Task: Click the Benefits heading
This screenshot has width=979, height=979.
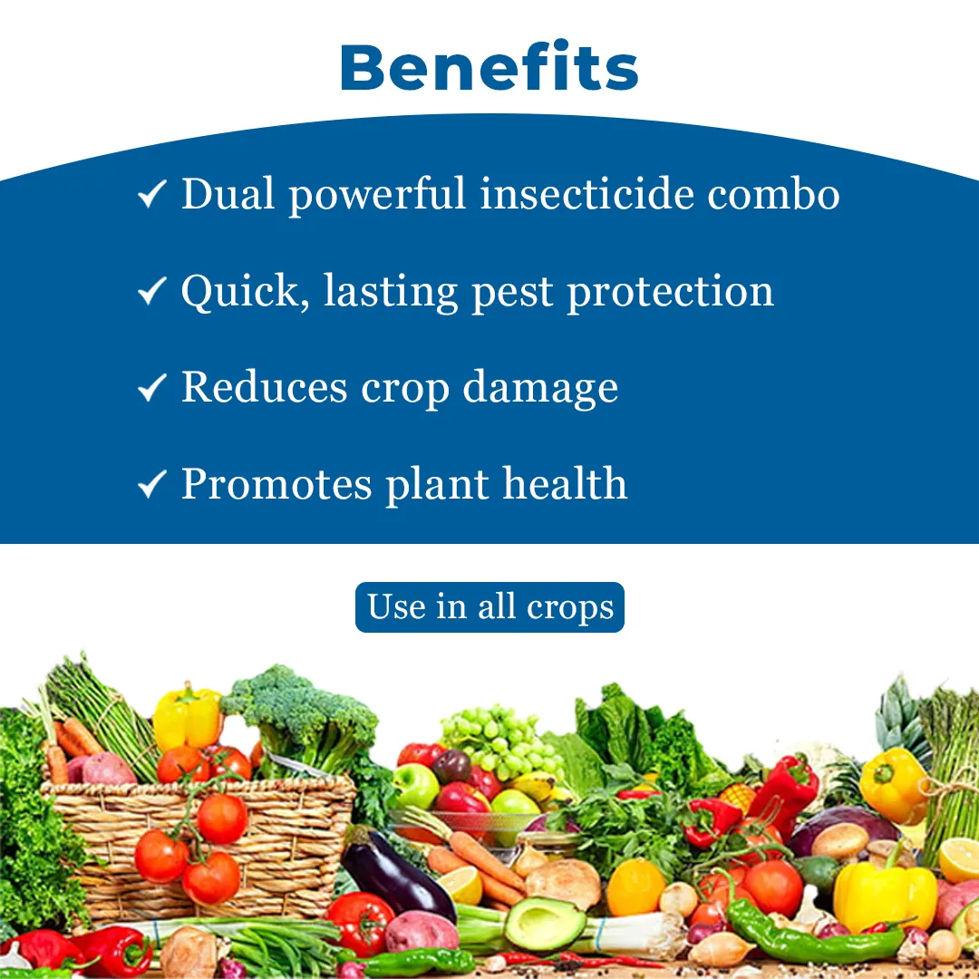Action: click(x=489, y=66)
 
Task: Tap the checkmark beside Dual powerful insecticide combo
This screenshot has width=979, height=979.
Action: click(x=151, y=194)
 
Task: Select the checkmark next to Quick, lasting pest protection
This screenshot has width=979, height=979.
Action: click(x=151, y=291)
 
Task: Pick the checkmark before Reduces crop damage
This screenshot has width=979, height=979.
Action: click(x=151, y=387)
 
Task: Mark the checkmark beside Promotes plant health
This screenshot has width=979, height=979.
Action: click(x=151, y=484)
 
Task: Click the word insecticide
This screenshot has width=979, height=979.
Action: click(x=586, y=194)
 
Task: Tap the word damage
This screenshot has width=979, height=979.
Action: click(x=540, y=389)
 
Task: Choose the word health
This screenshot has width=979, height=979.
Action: click(x=565, y=483)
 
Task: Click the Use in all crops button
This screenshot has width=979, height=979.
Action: click(x=489, y=606)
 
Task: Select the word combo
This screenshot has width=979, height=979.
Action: click(x=773, y=194)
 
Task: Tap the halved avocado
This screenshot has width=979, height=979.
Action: click(x=545, y=923)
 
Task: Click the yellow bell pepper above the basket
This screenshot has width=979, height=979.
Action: click(x=188, y=718)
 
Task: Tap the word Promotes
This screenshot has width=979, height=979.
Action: click(x=276, y=484)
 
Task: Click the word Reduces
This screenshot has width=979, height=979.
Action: click(x=264, y=387)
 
